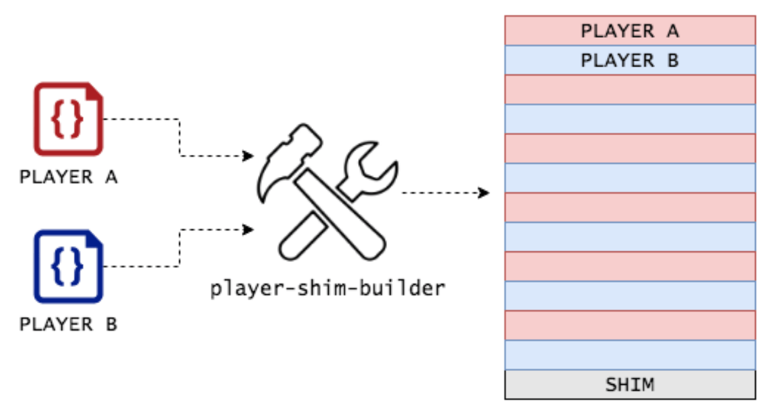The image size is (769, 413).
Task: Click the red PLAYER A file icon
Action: pyautogui.click(x=68, y=119)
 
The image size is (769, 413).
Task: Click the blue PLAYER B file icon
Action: pyautogui.click(x=68, y=266)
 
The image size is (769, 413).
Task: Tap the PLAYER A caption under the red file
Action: pyautogui.click(x=68, y=178)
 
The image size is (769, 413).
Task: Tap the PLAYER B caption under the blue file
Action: pyautogui.click(x=68, y=325)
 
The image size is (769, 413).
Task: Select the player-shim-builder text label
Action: pyautogui.click(x=328, y=289)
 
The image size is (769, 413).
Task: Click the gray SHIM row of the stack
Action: pyautogui.click(x=630, y=385)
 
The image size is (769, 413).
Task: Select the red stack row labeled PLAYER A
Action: pyautogui.click(x=630, y=31)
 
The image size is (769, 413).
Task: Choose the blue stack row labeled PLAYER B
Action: pyautogui.click(x=630, y=60)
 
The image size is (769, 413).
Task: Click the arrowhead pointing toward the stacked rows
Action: pyautogui.click(x=485, y=193)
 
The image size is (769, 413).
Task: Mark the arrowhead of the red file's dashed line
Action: pyautogui.click(x=248, y=156)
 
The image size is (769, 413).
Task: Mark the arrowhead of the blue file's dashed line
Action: pyautogui.click(x=248, y=229)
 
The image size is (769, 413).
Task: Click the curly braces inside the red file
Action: pyautogui.click(x=66, y=119)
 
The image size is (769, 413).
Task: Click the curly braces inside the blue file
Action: pyautogui.click(x=66, y=266)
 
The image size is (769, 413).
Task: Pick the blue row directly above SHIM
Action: pyautogui.click(x=630, y=355)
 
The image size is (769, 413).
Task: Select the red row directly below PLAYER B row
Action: pyautogui.click(x=630, y=89)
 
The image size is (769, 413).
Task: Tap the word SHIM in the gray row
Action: pyautogui.click(x=630, y=385)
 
